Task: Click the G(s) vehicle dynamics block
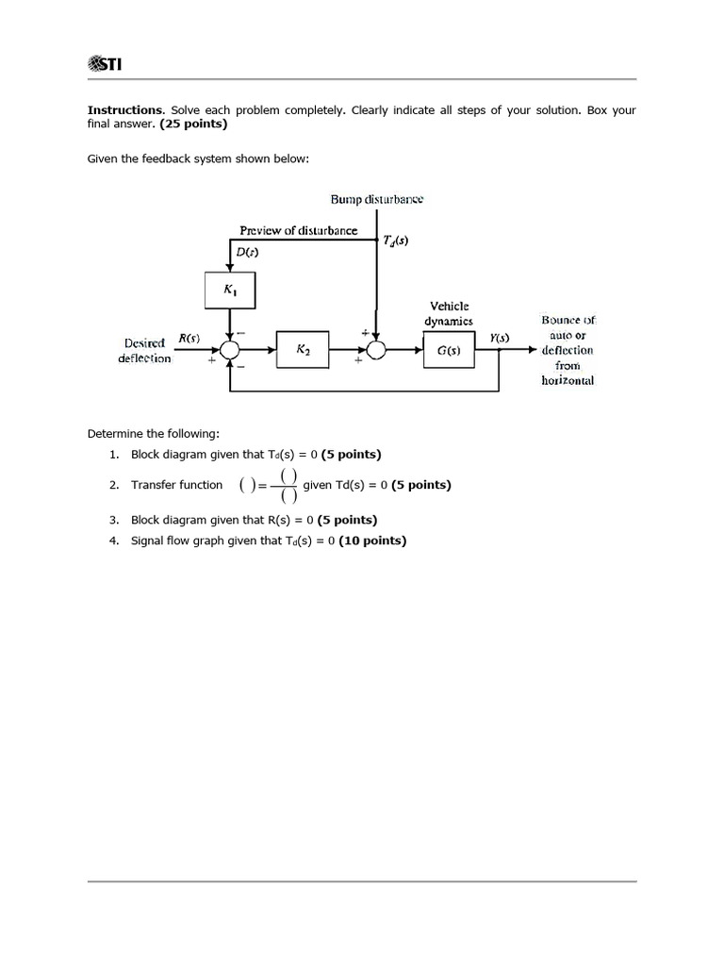pyautogui.click(x=449, y=350)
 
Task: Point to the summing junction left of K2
pyautogui.click(x=230, y=350)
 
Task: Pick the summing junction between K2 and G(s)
pyautogui.click(x=376, y=350)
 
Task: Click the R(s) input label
pyautogui.click(x=189, y=338)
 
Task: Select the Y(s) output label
pyautogui.click(x=500, y=338)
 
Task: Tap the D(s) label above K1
pyautogui.click(x=248, y=253)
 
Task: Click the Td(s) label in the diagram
pyautogui.click(x=396, y=241)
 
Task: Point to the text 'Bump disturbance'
pyautogui.click(x=377, y=199)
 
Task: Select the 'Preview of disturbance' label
pyautogui.click(x=298, y=230)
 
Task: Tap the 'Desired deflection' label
pyautogui.click(x=145, y=350)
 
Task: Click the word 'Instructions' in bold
pyautogui.click(x=125, y=110)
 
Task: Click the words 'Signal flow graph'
pyautogui.click(x=177, y=541)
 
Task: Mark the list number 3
pyautogui.click(x=113, y=520)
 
